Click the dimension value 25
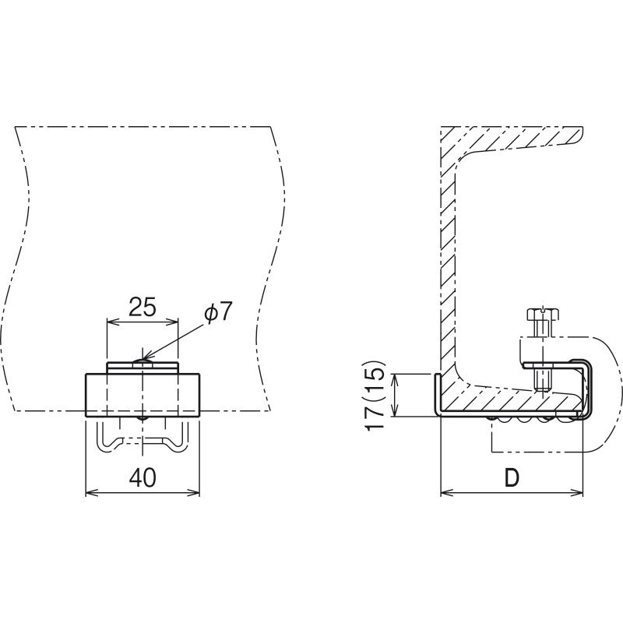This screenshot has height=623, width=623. click(x=143, y=307)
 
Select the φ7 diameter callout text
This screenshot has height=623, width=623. click(x=217, y=312)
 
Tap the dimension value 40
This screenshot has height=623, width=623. click(x=143, y=477)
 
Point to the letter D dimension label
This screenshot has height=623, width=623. click(x=512, y=477)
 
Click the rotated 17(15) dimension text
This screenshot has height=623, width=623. click(x=375, y=396)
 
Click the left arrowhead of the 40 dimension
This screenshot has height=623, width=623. click(x=90, y=493)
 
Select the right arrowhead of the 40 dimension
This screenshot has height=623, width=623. click(x=195, y=493)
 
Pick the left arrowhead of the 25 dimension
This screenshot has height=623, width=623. click(x=111, y=322)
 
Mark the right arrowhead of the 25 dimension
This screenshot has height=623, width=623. click(x=173, y=322)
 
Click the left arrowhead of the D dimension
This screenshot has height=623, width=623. click(x=445, y=493)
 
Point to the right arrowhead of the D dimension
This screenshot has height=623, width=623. click(x=578, y=493)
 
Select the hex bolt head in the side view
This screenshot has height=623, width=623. click(x=543, y=315)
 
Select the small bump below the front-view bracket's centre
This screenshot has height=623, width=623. click(x=143, y=418)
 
